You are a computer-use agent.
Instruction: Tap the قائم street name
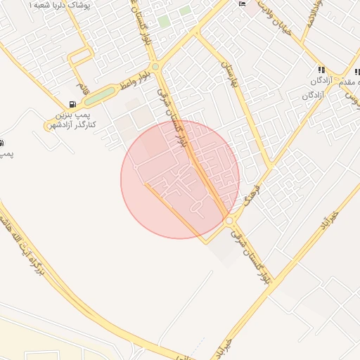[x=85, y=89]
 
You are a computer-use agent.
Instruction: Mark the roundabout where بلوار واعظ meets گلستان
[x=155, y=67]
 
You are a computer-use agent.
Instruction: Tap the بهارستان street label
[x=231, y=72]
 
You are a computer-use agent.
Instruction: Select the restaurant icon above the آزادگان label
[x=321, y=70]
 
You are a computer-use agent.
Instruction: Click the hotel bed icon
[x=243, y=4]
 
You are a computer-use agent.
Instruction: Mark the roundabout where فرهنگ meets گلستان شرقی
[x=229, y=221]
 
